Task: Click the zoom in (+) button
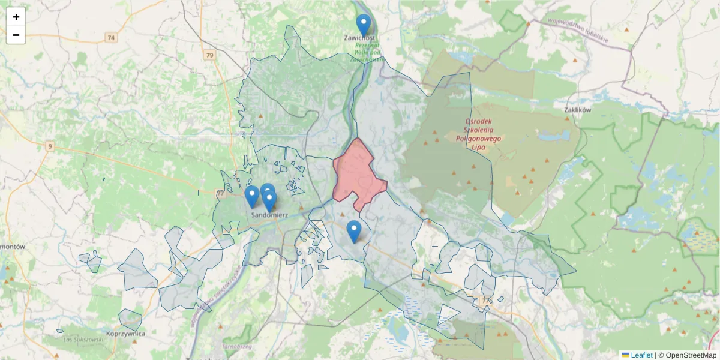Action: [x=16, y=17]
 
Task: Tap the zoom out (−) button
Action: [x=16, y=35]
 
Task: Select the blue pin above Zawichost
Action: [x=363, y=25]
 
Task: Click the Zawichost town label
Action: [x=359, y=38]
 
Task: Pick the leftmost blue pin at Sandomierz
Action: [x=252, y=197]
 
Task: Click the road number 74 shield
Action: [x=110, y=37]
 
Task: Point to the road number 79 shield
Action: [x=209, y=56]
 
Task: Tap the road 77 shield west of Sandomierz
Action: [x=220, y=193]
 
